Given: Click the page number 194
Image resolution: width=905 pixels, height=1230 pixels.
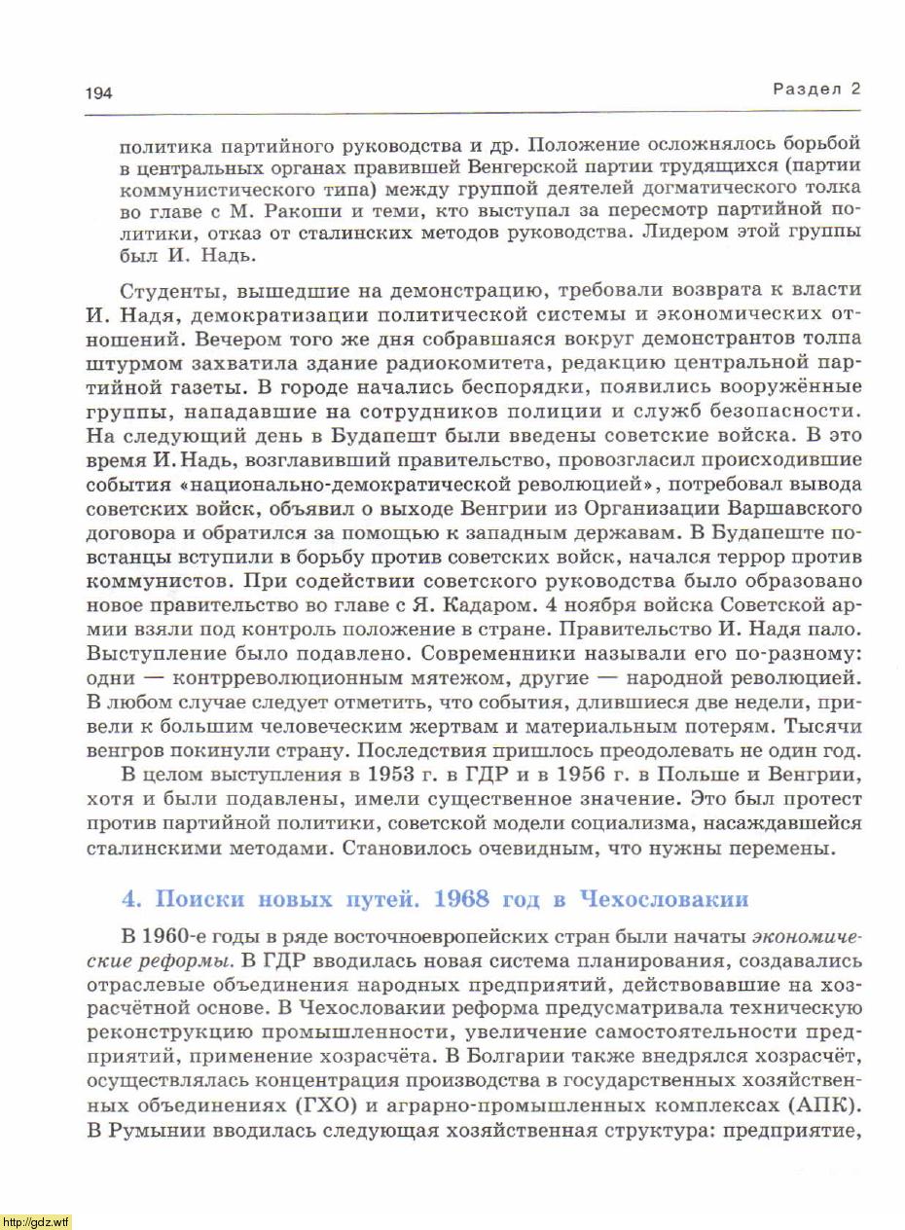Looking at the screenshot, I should click(x=99, y=93).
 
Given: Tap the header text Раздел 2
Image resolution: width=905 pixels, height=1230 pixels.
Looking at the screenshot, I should click(x=817, y=89).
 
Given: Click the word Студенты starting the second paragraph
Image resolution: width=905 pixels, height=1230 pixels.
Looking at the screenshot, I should click(x=170, y=291).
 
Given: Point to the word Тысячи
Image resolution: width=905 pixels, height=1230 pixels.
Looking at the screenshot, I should click(x=828, y=725).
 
